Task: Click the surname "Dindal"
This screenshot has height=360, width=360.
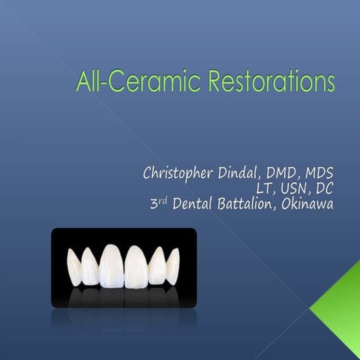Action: click(241, 173)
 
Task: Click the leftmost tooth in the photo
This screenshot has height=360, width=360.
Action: click(74, 267)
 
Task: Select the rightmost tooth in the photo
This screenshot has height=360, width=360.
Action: click(172, 266)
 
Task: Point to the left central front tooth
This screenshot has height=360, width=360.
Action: click(112, 265)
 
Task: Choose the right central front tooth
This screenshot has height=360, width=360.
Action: click(136, 266)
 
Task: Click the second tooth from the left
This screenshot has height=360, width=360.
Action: click(90, 267)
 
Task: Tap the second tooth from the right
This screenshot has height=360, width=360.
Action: click(157, 266)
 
